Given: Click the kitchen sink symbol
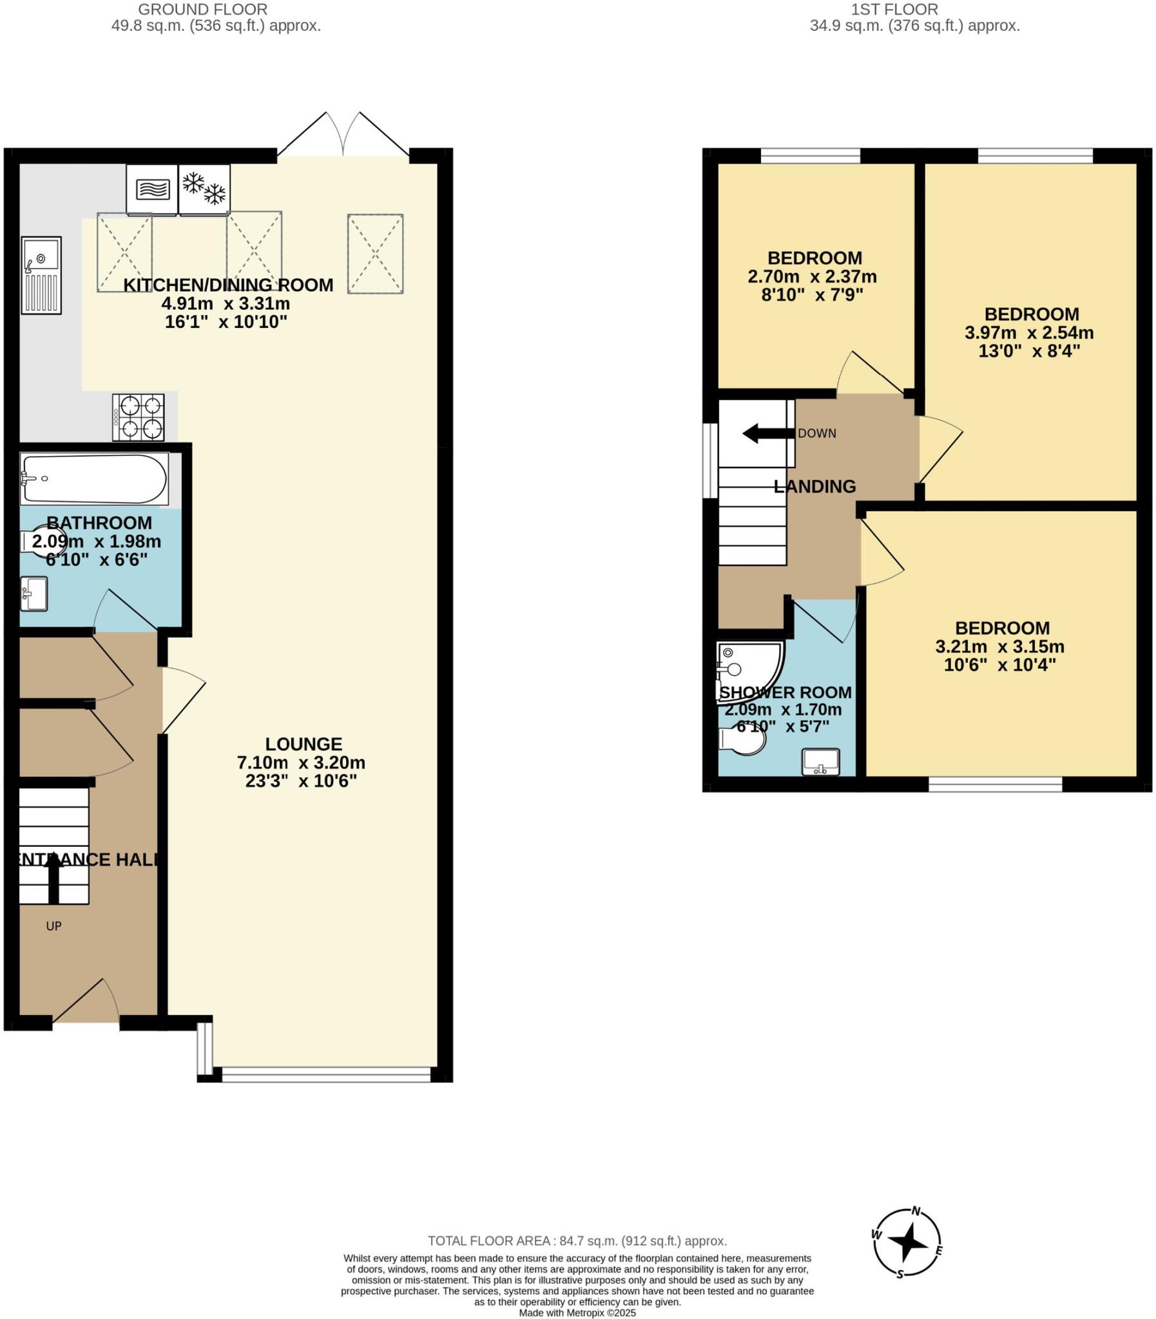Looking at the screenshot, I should pos(41,275).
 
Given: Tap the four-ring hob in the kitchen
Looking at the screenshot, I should pos(138,417).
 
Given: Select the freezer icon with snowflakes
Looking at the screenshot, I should pos(204,188).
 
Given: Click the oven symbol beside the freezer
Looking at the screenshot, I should pos(152,189).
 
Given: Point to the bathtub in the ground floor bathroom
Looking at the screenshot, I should pos(94,479).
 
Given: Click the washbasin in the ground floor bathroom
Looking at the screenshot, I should pos(34,594).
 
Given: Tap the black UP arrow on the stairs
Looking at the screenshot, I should pos(53,879).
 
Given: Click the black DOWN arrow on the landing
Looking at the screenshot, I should pos(767,433).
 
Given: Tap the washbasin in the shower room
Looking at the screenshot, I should pos(820,761).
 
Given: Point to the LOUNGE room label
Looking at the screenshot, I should pos(304,744).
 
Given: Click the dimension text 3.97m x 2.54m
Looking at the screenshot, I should pos(1030,334).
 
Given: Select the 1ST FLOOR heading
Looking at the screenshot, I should pos(894,10).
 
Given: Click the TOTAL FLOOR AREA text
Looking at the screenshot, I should pos(577,1241).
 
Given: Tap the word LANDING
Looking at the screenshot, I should pos(814,487).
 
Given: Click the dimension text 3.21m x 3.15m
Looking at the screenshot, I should pos(1000,647).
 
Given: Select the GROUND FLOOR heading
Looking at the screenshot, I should pos(203,10).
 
